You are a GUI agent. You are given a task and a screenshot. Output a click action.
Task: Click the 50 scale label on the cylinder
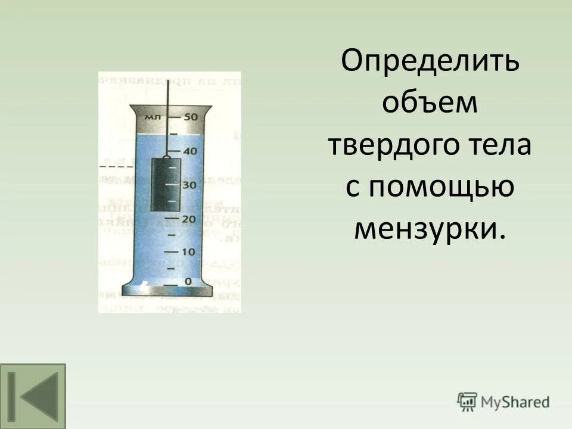pyautogui.click(x=191, y=117)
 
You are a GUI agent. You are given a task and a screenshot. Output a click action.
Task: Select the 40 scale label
pyautogui.click(x=189, y=151)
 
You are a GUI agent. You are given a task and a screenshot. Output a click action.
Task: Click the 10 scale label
pyautogui.click(x=189, y=252)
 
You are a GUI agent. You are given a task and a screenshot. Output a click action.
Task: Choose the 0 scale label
pyautogui.click(x=188, y=281)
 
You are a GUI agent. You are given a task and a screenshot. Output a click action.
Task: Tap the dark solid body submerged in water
pyautogui.click(x=167, y=185)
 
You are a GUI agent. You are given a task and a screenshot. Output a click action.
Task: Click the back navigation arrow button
pyautogui.click(x=33, y=395)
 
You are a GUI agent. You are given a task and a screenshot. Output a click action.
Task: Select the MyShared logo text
pyautogui.click(x=515, y=402)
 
